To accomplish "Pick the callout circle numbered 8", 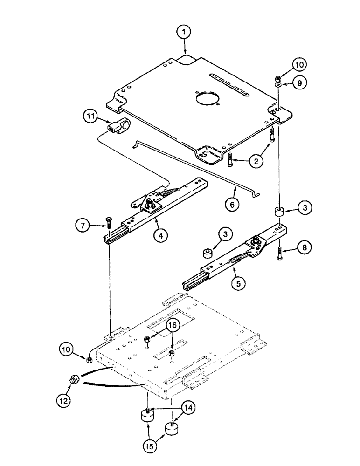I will (304, 247).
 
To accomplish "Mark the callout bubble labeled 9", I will (300, 82).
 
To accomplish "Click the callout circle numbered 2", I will (255, 161).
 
